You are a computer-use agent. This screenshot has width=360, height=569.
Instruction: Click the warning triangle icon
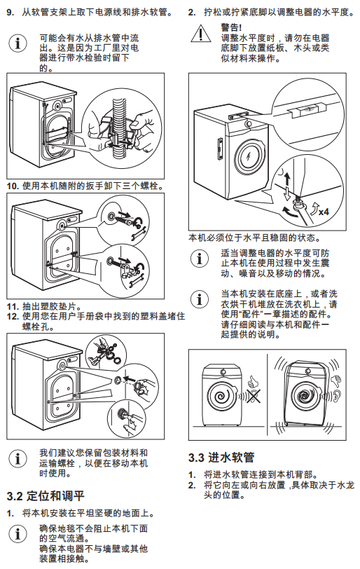(x=200, y=34)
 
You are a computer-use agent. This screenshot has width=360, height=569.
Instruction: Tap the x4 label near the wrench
(x=324, y=212)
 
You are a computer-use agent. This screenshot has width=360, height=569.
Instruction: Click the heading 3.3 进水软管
(x=221, y=457)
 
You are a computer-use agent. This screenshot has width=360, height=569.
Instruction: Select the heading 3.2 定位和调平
(x=46, y=495)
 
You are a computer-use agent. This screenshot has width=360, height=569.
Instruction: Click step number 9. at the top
(x=10, y=13)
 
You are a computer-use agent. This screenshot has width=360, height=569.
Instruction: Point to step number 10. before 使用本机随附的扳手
(x=13, y=186)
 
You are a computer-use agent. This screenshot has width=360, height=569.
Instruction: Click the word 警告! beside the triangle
(x=231, y=27)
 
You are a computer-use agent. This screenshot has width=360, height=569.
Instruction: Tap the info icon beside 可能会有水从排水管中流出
(x=18, y=43)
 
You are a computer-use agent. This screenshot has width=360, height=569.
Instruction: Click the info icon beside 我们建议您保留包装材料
(x=18, y=458)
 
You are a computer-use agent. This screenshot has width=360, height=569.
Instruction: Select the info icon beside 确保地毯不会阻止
(x=18, y=534)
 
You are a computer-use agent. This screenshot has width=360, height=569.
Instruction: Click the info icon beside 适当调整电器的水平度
(x=200, y=259)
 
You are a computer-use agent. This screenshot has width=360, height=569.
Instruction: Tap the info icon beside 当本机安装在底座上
(x=200, y=299)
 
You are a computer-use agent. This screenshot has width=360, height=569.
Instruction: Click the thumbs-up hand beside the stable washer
(x=252, y=382)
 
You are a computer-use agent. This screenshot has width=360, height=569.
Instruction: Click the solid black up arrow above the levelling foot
(x=287, y=178)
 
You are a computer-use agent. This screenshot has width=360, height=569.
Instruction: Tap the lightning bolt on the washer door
(x=249, y=157)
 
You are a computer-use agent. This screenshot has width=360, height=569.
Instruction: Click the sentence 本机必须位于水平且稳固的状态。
(x=255, y=238)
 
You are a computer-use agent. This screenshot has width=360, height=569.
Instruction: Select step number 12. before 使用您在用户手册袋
(x=13, y=317)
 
